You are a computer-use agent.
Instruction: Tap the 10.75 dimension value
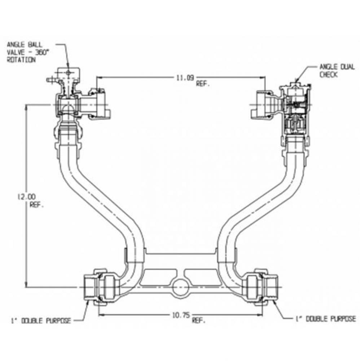pyautogui.click(x=180, y=315)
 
